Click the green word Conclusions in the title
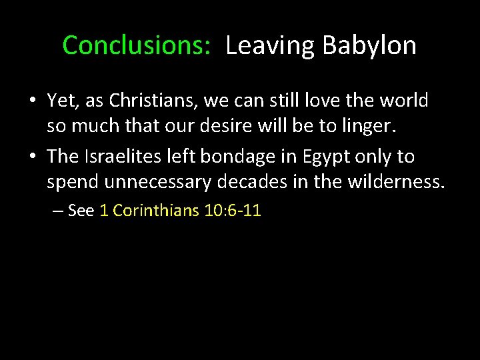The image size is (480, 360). coord(136,45)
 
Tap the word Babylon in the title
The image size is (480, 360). coord(369,45)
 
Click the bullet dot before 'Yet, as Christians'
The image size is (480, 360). coord(33,101)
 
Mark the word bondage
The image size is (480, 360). coord(241,156)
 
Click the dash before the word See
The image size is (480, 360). coord(57,211)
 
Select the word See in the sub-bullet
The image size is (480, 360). coord(81,211)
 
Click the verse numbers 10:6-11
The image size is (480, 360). coord(233,211)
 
